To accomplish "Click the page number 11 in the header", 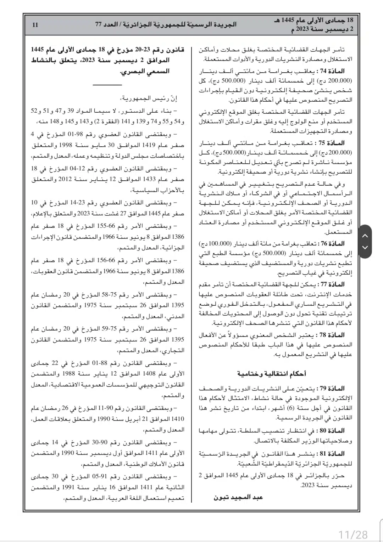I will pos(35,25).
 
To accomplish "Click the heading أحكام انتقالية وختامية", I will pos(272,373).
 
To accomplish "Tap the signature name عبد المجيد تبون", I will pos(238,497).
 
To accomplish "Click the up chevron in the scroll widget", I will pos(365,236).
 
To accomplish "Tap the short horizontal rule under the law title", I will pos(107,85).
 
